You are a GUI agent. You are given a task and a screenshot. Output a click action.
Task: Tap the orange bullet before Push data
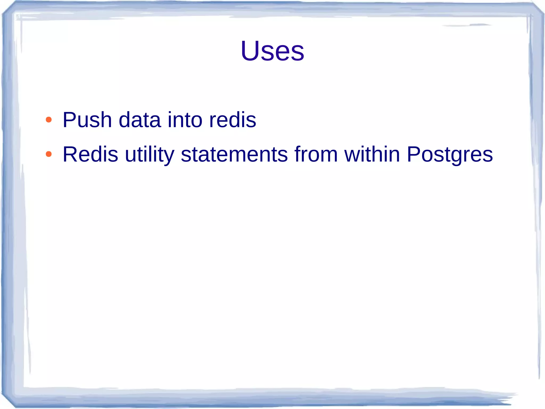point(48,120)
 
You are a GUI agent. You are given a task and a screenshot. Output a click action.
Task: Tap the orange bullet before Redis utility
point(48,154)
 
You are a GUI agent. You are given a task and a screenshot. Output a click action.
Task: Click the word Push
point(87,120)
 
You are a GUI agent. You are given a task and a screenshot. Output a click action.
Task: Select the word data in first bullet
point(140,120)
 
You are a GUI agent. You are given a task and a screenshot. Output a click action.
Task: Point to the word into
point(185,120)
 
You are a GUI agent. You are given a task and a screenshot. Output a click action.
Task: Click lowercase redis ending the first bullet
point(233,120)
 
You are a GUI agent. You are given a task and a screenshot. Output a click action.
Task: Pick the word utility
point(150,155)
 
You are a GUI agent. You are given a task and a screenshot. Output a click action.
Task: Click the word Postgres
point(450,155)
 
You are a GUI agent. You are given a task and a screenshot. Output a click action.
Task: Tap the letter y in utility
point(169,157)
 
